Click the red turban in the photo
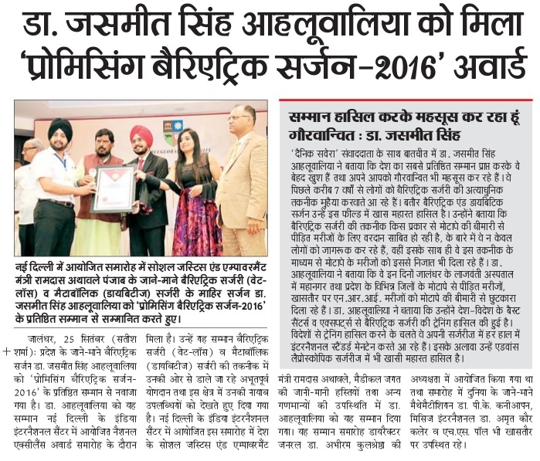141,134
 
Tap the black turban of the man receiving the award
59,130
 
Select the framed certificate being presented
112,188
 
